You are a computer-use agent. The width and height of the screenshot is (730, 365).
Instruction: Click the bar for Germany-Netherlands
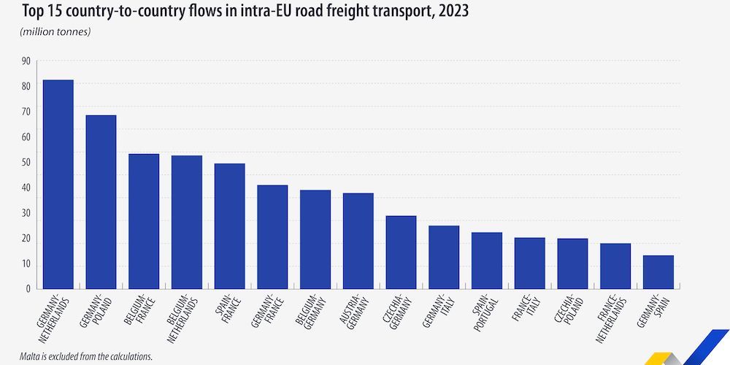(58, 184)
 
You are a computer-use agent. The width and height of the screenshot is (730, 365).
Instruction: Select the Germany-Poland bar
(101, 201)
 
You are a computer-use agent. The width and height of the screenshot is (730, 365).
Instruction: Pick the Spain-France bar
(229, 226)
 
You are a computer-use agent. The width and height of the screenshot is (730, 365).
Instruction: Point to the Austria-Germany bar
(358, 241)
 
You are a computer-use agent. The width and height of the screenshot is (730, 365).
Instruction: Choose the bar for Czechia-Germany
(401, 252)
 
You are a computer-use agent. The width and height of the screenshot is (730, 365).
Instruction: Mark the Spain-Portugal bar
(487, 261)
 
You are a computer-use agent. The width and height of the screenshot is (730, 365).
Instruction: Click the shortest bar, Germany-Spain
(658, 272)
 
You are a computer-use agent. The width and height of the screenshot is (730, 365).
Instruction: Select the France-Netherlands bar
(615, 266)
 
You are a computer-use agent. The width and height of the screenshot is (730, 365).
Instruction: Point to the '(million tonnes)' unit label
(56, 31)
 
